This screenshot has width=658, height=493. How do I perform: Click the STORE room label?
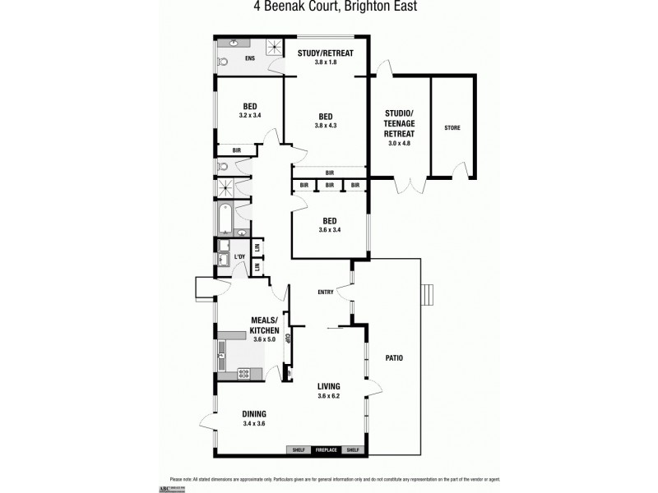tap(452, 128)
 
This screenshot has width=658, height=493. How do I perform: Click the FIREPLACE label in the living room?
tap(327, 449)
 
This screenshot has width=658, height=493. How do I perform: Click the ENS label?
tap(250, 58)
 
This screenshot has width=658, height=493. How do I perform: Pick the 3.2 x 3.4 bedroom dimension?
tap(250, 115)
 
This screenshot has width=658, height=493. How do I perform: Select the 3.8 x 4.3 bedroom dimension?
tap(326, 125)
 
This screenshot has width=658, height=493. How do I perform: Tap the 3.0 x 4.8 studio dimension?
tap(399, 143)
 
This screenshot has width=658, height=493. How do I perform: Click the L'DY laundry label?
tap(240, 258)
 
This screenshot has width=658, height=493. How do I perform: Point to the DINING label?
tap(253, 414)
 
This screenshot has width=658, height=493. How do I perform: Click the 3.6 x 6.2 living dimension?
tap(328, 395)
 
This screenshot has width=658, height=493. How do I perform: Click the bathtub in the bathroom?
tap(225, 219)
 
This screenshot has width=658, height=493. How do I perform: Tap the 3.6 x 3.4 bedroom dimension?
tap(328, 230)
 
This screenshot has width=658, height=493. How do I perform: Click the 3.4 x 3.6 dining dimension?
tap(253, 423)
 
